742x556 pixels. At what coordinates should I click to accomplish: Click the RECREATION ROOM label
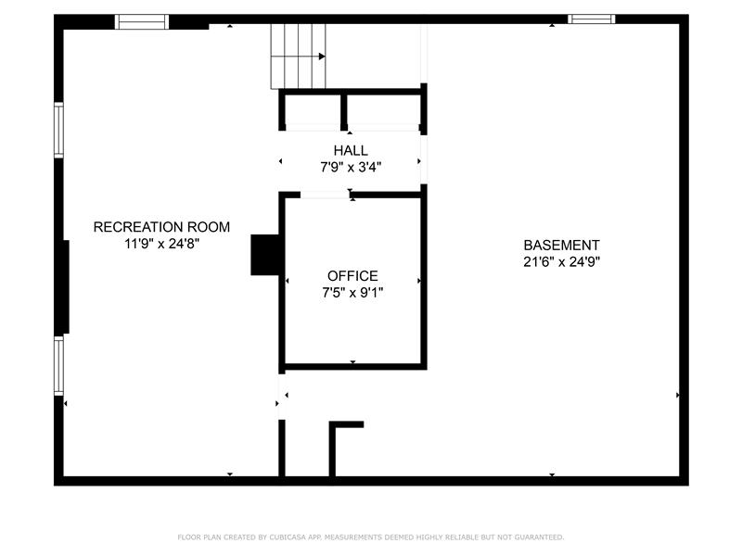point(161,227)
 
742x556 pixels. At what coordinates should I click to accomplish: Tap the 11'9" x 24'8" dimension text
point(161,244)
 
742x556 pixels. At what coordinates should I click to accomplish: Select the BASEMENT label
point(561,246)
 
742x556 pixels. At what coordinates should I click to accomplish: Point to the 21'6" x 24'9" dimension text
point(561,262)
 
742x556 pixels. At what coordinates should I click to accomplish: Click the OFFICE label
point(352,275)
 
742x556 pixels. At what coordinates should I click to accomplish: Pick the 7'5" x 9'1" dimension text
point(352,293)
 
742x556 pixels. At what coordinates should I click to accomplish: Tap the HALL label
point(351,150)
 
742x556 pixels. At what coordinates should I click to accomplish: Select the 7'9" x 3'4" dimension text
point(351,167)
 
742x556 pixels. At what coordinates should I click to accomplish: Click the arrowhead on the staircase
point(322,57)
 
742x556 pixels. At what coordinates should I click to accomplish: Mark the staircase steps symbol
point(298,57)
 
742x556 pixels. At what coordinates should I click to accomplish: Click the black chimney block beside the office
point(265,255)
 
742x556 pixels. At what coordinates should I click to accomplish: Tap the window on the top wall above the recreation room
point(142,21)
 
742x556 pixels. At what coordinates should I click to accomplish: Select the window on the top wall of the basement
point(592,19)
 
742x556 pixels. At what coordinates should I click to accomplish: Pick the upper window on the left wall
point(58,130)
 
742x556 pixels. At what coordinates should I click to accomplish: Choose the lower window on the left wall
point(58,365)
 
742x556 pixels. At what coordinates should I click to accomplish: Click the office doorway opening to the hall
point(326,195)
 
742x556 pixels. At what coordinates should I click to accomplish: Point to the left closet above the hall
point(313,109)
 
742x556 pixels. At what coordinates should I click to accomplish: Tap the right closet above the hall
point(383,109)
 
